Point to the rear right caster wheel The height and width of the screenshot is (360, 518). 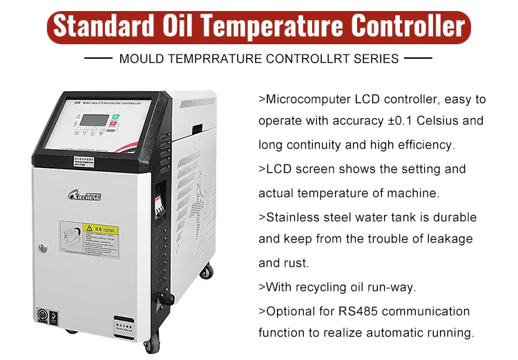[206, 272]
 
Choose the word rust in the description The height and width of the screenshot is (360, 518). [296, 263]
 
